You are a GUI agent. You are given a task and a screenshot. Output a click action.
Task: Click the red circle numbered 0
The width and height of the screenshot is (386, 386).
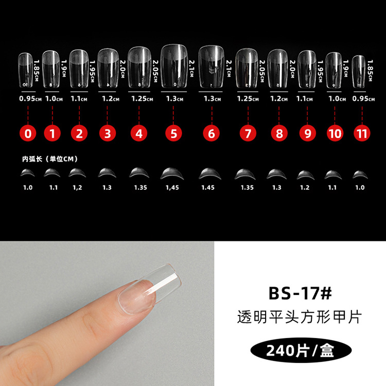point(28,133)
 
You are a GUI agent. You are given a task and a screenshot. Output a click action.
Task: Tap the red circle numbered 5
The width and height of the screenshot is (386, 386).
point(173,133)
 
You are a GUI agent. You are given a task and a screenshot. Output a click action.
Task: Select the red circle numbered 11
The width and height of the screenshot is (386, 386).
point(362,133)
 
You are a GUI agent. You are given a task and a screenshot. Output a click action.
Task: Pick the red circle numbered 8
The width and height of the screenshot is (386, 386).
point(279,133)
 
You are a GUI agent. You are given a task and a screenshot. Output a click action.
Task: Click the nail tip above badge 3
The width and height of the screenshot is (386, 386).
point(108,68)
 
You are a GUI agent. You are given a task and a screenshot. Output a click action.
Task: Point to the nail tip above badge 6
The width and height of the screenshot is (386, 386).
point(211,66)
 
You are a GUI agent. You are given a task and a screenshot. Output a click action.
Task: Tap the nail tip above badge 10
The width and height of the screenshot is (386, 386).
point(334,71)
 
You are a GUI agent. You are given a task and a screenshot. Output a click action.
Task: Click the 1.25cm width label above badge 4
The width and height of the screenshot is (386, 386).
point(142,99)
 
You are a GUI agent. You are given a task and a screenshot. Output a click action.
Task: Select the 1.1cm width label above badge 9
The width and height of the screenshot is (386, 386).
point(305,99)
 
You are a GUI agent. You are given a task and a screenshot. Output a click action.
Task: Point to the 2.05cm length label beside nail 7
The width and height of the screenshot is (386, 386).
point(262,71)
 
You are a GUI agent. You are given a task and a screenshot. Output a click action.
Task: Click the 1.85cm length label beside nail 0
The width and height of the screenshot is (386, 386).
point(37,71)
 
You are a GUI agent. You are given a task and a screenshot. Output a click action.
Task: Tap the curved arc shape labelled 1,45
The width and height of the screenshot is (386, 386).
point(172,173)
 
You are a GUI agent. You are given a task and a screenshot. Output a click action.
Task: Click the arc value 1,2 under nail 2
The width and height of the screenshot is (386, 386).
point(77,187)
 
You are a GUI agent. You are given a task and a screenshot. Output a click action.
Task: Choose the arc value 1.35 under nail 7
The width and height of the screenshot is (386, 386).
point(247,187)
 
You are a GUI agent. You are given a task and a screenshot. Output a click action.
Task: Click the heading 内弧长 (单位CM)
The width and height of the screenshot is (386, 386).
point(50,159)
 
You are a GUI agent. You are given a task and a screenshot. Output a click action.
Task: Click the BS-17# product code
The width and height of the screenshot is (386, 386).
point(300,293)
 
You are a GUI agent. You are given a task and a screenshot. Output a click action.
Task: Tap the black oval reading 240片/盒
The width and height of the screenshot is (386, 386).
point(301,350)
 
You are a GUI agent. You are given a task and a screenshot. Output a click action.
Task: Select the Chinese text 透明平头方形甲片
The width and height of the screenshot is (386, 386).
point(300,317)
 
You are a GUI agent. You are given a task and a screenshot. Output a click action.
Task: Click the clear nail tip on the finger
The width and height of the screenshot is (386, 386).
point(150,289)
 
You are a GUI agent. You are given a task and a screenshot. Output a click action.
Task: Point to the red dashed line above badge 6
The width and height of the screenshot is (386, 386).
point(212,115)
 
